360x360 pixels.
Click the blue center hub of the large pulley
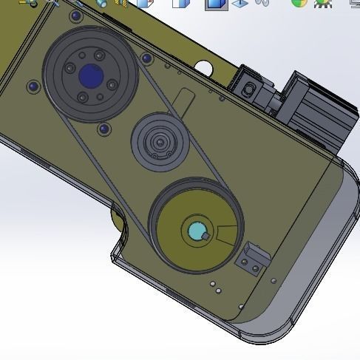[90, 74]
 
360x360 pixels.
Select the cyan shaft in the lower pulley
[197, 231]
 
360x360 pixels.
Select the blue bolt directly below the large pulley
[103, 130]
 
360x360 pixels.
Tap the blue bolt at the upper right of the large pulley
[146, 58]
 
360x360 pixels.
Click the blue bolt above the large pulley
[75, 16]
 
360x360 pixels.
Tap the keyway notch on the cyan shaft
[208, 237]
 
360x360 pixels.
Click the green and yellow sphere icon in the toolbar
[299, 3]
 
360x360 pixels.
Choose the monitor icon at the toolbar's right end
[353, 3]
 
